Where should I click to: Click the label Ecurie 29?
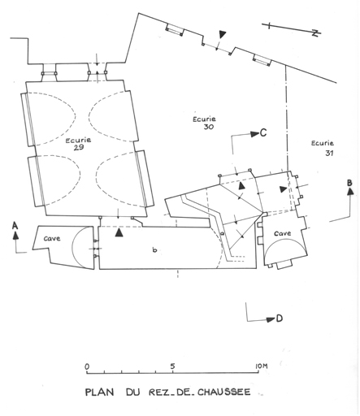pos(78,144)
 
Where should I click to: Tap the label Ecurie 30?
pos(204,123)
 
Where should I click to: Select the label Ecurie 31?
pos(323,148)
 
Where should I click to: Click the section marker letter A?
pos(15,225)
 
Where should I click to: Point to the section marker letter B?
pos(349,183)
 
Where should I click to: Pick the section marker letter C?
pos(263,132)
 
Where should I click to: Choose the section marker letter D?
pos(280,318)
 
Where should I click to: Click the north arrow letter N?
pos(315,33)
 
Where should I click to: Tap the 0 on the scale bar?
pos(87,366)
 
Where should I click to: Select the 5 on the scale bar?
pos(172,366)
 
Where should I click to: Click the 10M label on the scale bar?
pos(261,366)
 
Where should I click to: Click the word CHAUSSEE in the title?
pos(223,392)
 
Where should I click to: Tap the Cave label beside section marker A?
pos(52,239)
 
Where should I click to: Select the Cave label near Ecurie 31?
pos(283,233)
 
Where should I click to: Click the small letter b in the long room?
pos(154,249)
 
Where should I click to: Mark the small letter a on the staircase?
pos(223,232)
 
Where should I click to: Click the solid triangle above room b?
pos(119,232)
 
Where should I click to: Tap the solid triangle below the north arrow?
pos(223,34)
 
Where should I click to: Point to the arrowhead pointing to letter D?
pos(271,319)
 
